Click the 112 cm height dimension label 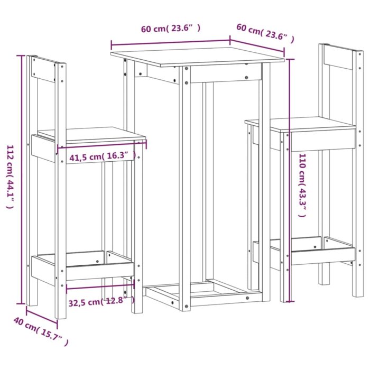pyautogui.click(x=10, y=177)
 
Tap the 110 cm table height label pyautogui.click(x=303, y=185)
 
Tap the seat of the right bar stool pyautogui.click(x=301, y=124)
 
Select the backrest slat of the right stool pyautogui.click(x=339, y=59)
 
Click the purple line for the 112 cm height pyautogui.click(x=22, y=180)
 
